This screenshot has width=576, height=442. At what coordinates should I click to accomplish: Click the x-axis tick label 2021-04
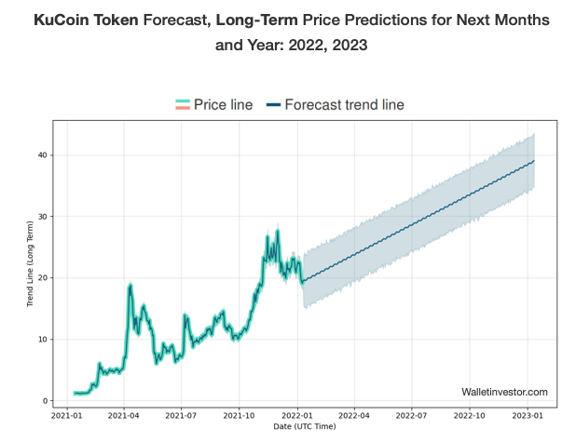click(x=124, y=418)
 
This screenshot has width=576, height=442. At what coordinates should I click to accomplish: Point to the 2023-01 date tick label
click(x=528, y=418)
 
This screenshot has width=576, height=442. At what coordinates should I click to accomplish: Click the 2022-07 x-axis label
click(x=412, y=418)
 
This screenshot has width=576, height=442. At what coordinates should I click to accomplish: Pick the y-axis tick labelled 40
click(x=42, y=154)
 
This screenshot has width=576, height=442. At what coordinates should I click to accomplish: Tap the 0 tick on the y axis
click(x=45, y=401)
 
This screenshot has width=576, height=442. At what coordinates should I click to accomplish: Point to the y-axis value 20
click(x=42, y=277)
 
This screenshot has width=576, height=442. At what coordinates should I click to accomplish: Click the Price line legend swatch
click(x=183, y=105)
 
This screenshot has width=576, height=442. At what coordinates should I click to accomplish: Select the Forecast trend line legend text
click(x=344, y=105)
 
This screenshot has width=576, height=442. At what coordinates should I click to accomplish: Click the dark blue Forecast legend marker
click(x=273, y=105)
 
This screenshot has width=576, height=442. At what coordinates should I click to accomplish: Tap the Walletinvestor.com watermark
click(x=504, y=393)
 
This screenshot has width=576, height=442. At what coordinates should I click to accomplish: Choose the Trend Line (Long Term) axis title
click(x=30, y=263)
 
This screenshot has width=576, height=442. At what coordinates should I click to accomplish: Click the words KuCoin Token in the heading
click(x=81, y=20)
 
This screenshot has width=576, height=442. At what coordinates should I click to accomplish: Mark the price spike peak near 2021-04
click(x=130, y=284)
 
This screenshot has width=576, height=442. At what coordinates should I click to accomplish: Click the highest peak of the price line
click(x=277, y=229)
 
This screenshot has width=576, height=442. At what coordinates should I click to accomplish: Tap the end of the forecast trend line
click(x=534, y=161)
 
